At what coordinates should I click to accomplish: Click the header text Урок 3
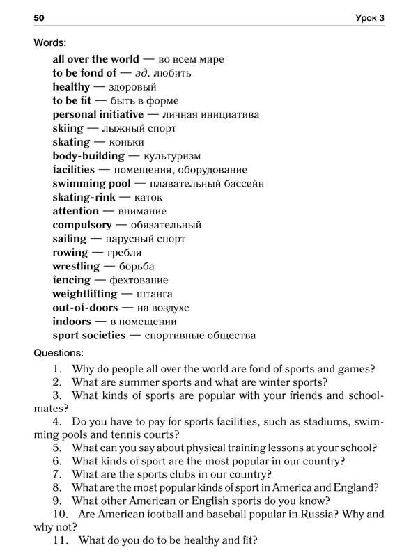368,17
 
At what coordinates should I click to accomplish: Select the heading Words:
51,42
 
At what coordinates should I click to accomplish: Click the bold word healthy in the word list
71,87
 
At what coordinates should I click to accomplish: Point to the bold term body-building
88,156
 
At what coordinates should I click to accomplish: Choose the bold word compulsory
82,225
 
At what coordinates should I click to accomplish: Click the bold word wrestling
76,266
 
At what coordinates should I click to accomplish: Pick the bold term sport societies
88,335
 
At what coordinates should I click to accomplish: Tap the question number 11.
59,540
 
